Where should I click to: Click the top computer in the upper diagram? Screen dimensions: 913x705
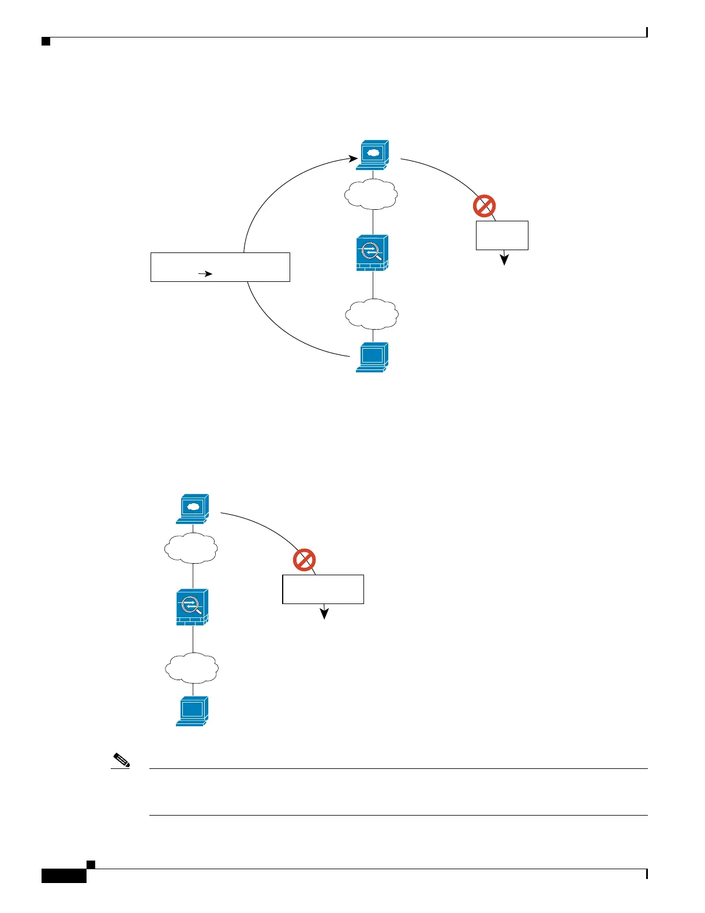[x=373, y=154]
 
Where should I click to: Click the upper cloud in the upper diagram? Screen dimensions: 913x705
[x=371, y=194]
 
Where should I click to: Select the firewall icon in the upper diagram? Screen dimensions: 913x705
[x=372, y=252]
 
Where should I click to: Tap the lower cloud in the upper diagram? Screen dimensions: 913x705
[x=372, y=314]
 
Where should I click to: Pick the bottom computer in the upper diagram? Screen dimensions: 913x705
[x=372, y=357]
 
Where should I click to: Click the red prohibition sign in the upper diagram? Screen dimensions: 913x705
[x=484, y=206]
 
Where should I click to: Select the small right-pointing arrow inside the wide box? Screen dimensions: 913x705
[x=205, y=274]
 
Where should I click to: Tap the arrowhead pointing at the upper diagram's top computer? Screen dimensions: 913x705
[x=353, y=157]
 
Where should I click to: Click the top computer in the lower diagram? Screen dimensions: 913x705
[x=193, y=508]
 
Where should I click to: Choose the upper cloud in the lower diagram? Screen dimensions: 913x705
[x=191, y=548]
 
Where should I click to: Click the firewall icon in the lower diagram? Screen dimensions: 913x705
[x=192, y=607]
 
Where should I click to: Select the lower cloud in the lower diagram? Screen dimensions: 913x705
[x=192, y=667]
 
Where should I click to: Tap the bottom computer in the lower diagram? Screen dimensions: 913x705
[x=192, y=711]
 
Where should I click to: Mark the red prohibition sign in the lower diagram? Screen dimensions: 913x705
[x=304, y=560]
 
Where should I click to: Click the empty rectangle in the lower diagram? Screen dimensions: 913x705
[x=323, y=589]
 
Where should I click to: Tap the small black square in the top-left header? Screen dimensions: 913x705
[x=46, y=41]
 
